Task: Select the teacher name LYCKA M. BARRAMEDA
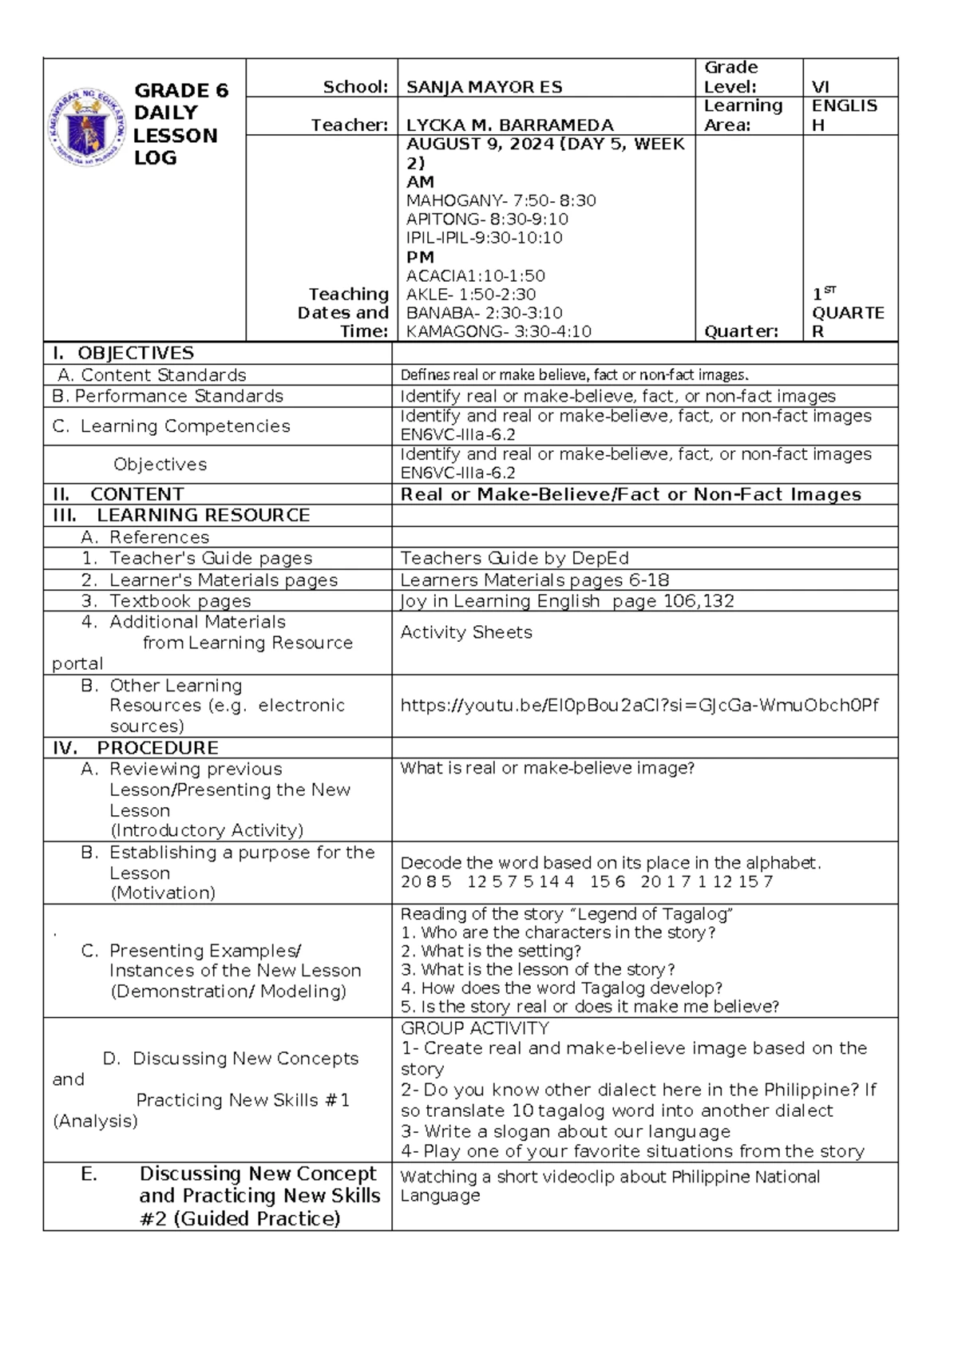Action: (x=509, y=125)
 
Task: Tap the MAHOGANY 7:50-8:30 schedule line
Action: (x=501, y=200)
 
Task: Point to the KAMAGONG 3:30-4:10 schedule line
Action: (x=498, y=331)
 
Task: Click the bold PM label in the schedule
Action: (x=420, y=257)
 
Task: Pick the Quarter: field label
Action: (x=740, y=331)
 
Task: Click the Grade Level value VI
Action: (x=820, y=87)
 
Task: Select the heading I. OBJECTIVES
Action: (x=123, y=353)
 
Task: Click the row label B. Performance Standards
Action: (x=167, y=396)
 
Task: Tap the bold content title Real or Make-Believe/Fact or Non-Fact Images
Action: (x=631, y=494)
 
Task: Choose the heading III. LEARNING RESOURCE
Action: (x=181, y=515)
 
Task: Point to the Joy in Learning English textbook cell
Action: (x=567, y=601)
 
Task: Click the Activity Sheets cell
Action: (x=466, y=632)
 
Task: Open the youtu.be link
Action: (x=639, y=705)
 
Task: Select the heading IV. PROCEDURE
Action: (x=135, y=748)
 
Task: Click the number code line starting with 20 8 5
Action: (x=587, y=881)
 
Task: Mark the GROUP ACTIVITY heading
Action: (x=474, y=1028)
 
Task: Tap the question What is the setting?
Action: (x=491, y=951)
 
